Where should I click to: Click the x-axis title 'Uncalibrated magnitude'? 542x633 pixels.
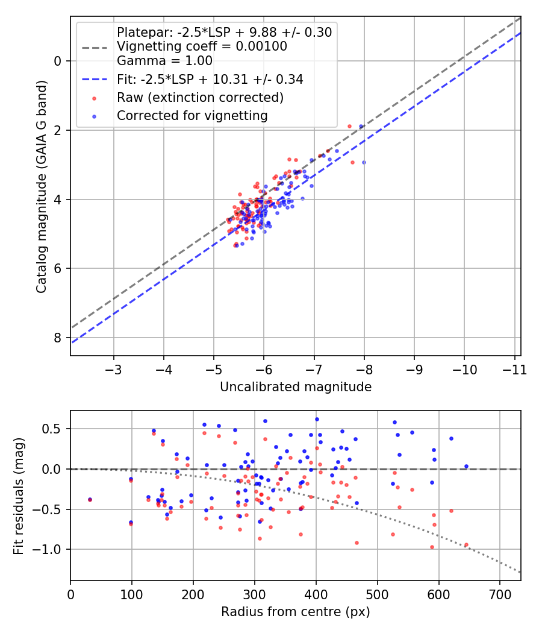295,386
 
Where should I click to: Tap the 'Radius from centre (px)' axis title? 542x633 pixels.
295,612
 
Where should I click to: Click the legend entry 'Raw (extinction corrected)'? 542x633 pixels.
200,96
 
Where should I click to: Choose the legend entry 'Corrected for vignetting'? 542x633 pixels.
192,115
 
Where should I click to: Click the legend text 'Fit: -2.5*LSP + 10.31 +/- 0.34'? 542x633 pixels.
210,79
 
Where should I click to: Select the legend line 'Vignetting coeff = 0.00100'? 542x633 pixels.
201,46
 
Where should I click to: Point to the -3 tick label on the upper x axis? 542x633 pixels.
114,369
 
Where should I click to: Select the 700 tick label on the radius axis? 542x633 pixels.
500,594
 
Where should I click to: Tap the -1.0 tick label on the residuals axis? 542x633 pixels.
51,549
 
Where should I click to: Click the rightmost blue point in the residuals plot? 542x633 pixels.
466,466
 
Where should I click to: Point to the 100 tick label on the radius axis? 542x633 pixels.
132,594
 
